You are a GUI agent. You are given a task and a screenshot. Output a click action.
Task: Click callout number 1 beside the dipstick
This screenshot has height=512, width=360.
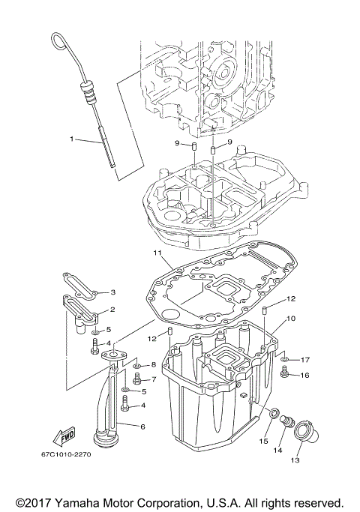73,139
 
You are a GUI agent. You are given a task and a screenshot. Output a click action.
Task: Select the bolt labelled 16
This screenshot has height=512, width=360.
285,373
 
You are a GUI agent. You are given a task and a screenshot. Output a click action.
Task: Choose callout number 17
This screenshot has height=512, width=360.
305,360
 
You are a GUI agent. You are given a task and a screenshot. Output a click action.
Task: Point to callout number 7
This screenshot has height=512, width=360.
153,379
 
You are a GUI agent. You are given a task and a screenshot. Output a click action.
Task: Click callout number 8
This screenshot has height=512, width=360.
153,365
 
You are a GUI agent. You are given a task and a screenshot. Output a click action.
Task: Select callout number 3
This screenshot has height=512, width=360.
113,292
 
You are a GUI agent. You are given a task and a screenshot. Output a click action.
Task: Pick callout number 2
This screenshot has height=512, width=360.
112,310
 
